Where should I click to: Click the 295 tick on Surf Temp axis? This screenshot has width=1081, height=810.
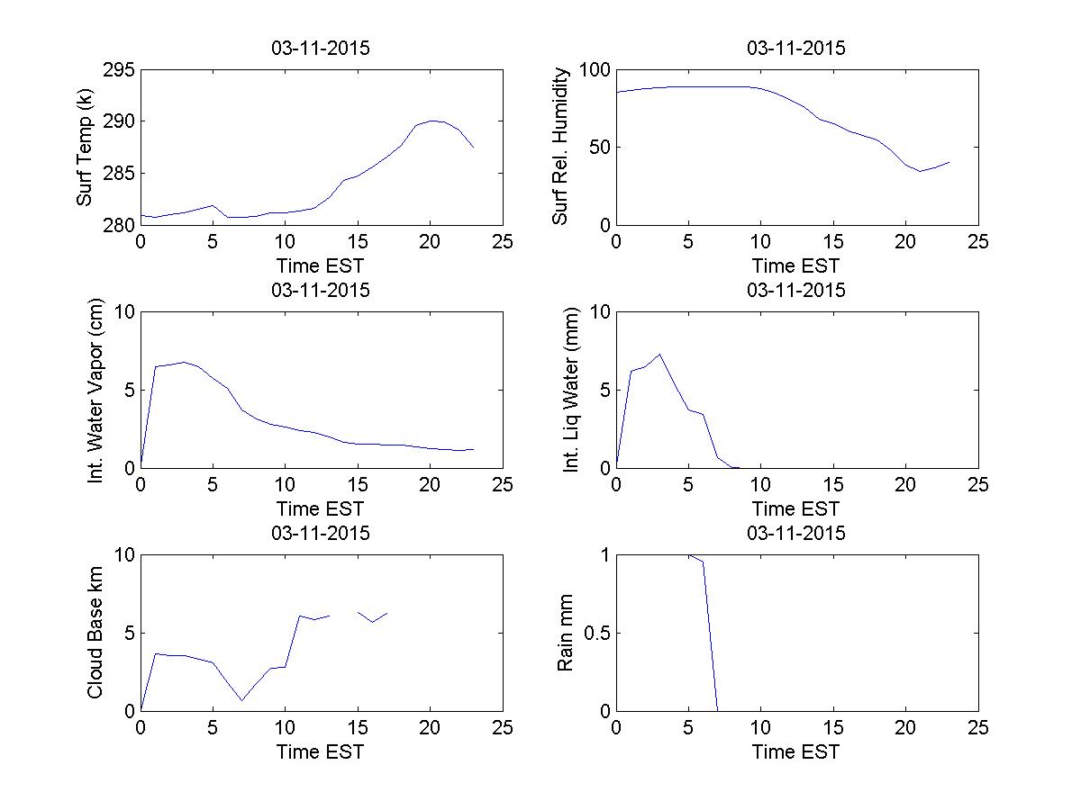click(120, 71)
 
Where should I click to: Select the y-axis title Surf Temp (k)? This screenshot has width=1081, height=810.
click(85, 148)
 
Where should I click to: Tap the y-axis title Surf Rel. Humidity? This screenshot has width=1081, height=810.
click(561, 147)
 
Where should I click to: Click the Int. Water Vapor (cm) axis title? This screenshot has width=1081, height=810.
click(95, 389)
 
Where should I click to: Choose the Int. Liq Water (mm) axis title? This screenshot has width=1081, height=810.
click(571, 389)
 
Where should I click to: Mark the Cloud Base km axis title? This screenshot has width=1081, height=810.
click(95, 632)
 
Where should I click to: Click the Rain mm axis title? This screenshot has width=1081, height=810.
click(566, 632)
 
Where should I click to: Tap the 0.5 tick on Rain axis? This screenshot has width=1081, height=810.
click(590, 633)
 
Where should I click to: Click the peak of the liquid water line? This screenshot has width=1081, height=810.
click(659, 355)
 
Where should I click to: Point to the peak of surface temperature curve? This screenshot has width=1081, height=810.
click(432, 121)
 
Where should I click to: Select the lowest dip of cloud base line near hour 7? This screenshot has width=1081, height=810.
click(241, 700)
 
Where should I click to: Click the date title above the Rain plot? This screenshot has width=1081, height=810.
click(796, 533)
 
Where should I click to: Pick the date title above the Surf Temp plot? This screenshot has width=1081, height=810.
click(321, 49)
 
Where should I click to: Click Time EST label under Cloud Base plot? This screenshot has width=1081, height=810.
click(321, 751)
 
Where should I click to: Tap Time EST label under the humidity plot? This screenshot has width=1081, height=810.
click(796, 265)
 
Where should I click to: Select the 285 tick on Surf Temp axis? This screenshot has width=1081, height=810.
click(120, 173)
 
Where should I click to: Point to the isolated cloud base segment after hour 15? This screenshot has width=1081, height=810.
click(372, 616)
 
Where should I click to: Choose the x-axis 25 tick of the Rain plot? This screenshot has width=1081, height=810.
click(978, 728)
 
